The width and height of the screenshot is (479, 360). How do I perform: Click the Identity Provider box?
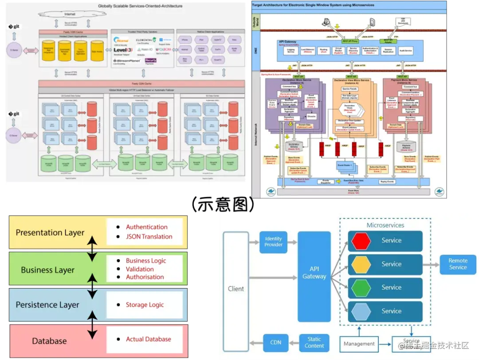click(273, 242)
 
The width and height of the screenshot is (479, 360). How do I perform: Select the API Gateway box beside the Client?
click(314, 273)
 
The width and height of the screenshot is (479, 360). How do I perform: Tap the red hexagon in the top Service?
click(361, 241)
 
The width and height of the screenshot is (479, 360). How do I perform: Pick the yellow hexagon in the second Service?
click(361, 264)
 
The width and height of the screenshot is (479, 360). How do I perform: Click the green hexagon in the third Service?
click(361, 288)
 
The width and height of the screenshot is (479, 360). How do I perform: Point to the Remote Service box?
click(458, 264)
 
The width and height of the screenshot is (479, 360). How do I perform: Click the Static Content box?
click(314, 342)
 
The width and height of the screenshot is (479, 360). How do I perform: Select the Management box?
click(359, 344)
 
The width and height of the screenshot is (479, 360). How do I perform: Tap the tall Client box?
click(236, 289)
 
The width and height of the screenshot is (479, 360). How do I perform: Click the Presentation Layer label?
click(50, 233)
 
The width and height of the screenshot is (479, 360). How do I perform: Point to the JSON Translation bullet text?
click(149, 237)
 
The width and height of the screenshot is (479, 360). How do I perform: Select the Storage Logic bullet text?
click(145, 305)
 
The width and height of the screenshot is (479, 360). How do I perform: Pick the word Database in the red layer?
click(49, 341)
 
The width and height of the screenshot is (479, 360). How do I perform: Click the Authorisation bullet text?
click(145, 277)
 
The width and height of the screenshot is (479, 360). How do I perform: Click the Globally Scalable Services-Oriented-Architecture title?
click(140, 6)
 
